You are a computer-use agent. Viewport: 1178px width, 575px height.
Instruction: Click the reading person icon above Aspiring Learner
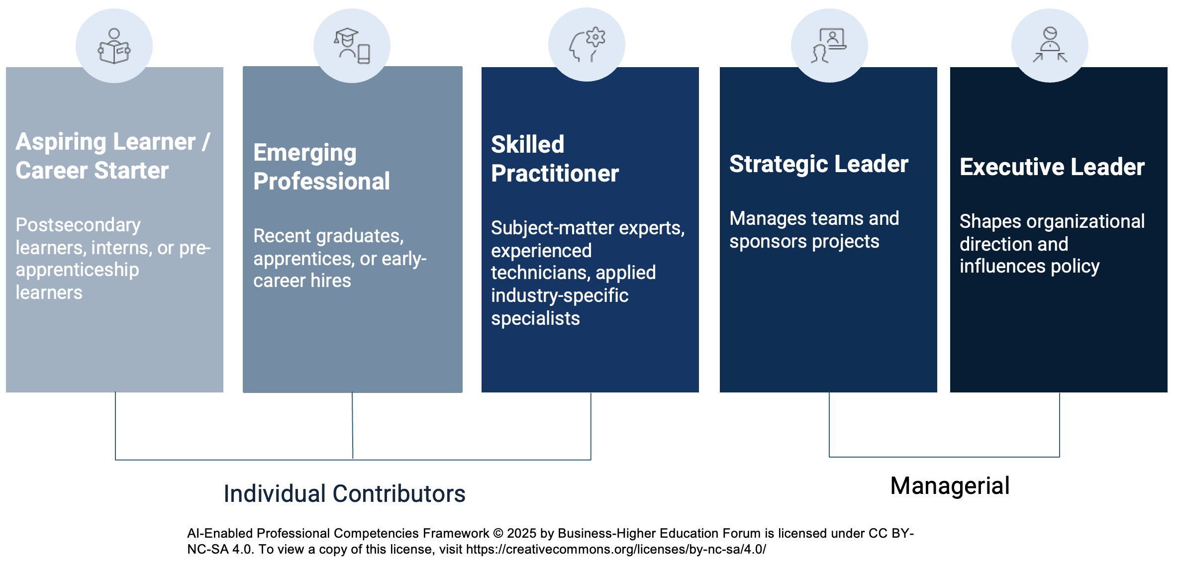(114, 46)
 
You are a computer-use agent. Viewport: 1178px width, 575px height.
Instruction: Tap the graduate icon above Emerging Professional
(352, 46)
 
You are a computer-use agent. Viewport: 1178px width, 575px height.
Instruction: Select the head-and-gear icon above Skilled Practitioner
(587, 45)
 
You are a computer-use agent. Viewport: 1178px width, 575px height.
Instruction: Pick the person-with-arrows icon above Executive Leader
(1050, 45)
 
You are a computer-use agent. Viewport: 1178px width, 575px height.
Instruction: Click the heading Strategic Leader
(819, 164)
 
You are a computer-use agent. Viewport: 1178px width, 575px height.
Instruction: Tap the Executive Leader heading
(1052, 167)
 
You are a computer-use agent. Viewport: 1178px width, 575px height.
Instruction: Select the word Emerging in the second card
(305, 153)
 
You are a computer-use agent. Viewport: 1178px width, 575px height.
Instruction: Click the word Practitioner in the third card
(555, 174)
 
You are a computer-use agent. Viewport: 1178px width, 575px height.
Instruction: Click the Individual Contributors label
(345, 494)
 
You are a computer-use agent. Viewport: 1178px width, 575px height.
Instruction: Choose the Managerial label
(950, 486)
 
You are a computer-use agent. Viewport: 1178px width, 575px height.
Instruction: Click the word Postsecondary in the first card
(78, 225)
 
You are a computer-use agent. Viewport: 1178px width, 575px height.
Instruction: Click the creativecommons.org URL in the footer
(616, 550)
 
